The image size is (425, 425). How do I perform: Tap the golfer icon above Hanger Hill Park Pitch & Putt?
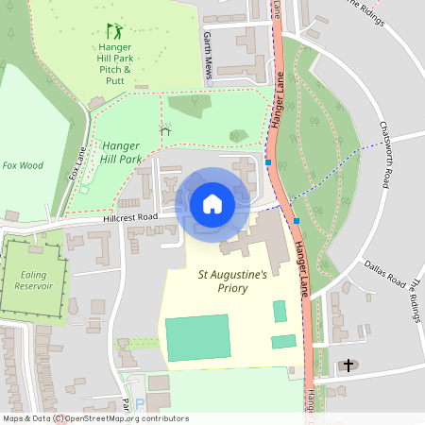click(x=113, y=31)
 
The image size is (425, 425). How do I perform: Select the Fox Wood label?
click(x=23, y=165)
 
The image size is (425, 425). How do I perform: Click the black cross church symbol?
click(x=348, y=365)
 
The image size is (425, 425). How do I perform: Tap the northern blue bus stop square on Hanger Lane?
click(x=269, y=162)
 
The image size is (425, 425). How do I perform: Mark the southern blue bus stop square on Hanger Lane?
click(x=297, y=220)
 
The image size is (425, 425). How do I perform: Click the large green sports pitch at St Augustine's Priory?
click(x=196, y=337)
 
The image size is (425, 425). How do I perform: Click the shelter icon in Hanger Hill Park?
click(x=166, y=129)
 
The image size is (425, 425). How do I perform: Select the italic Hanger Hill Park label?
click(x=122, y=152)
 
